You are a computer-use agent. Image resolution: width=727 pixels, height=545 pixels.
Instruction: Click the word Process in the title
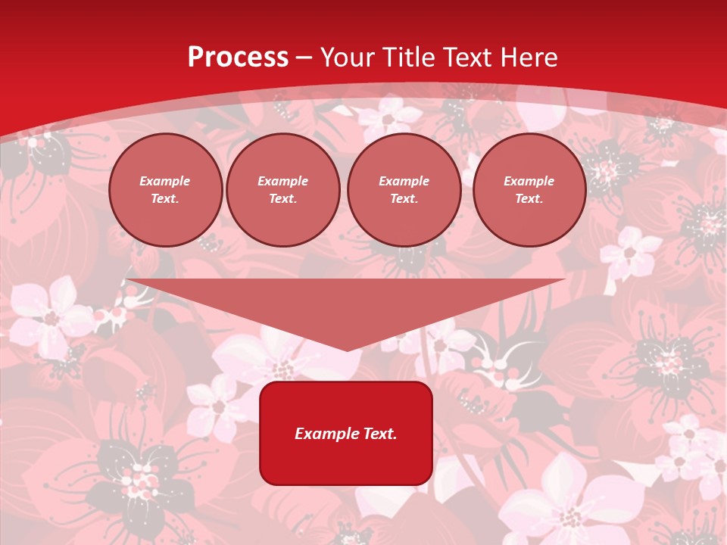(x=238, y=58)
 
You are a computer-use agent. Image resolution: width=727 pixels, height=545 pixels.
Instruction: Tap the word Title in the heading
(x=408, y=58)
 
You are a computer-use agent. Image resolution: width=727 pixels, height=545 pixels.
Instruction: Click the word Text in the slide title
(x=467, y=58)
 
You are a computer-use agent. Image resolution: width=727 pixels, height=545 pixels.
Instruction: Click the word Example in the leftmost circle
(x=165, y=181)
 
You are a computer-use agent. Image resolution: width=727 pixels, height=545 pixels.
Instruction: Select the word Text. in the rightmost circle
(x=529, y=198)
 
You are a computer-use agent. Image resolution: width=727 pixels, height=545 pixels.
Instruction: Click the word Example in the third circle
(x=404, y=181)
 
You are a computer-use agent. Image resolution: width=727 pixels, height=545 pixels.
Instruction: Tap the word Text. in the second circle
(x=282, y=198)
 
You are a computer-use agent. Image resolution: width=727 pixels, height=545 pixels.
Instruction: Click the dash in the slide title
(x=304, y=58)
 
